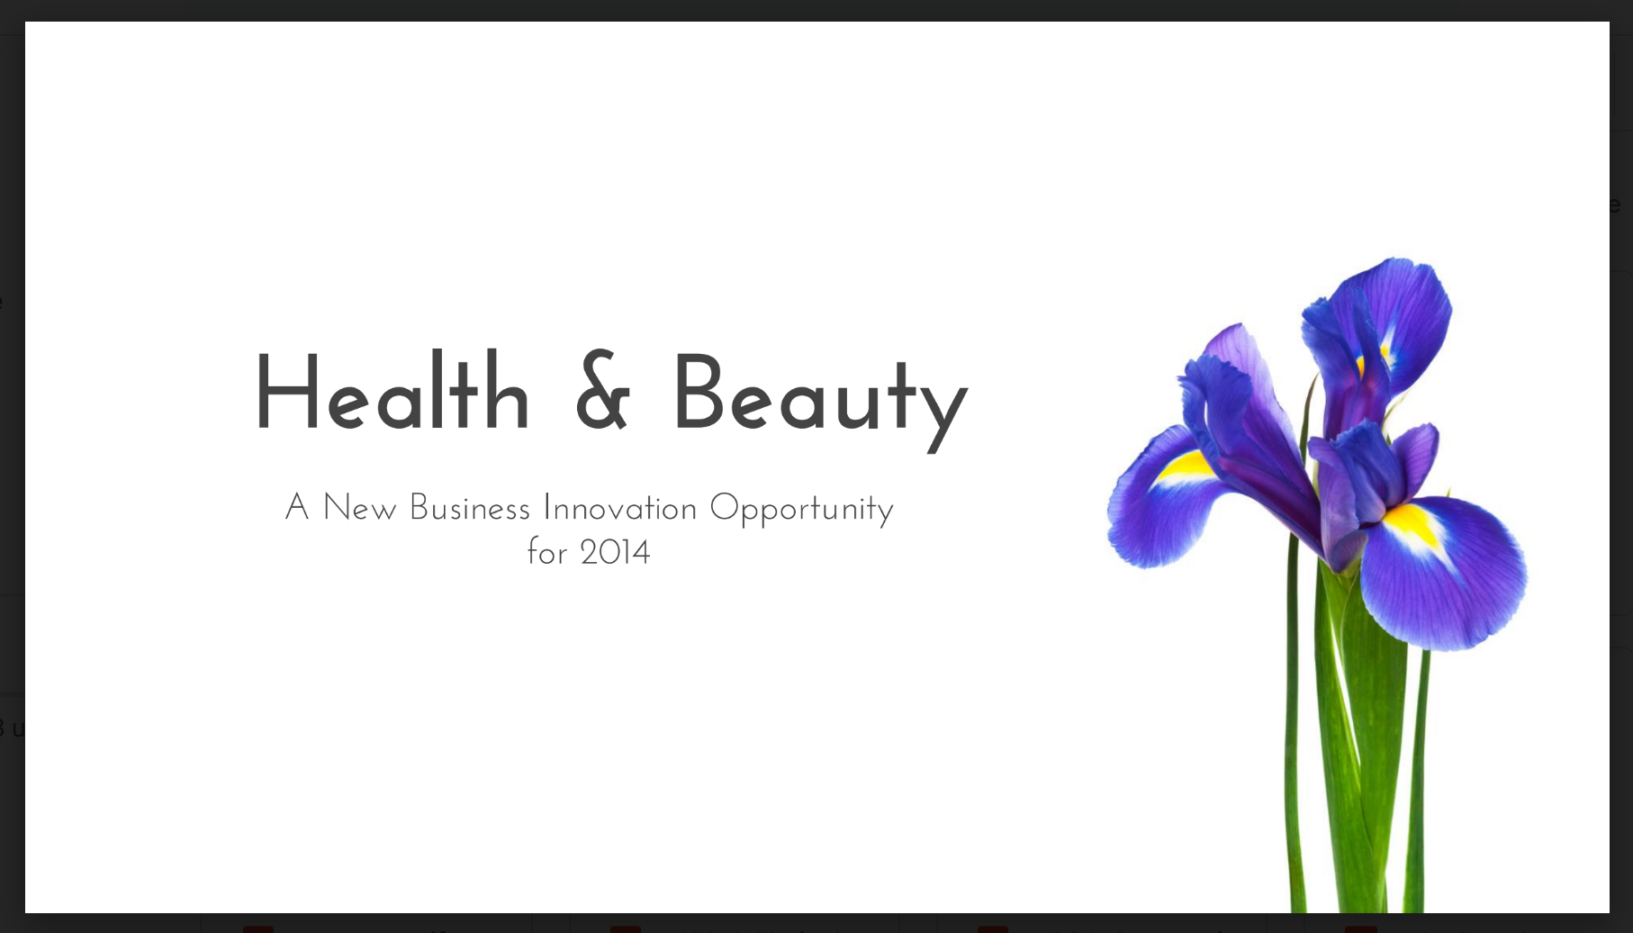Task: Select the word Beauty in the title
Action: click(820, 401)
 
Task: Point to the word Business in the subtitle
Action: click(470, 508)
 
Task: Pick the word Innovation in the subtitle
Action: click(620, 508)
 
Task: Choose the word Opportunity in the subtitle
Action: click(801, 510)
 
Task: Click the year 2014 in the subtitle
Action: click(615, 552)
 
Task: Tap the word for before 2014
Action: click(547, 551)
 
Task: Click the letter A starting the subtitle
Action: click(297, 507)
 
